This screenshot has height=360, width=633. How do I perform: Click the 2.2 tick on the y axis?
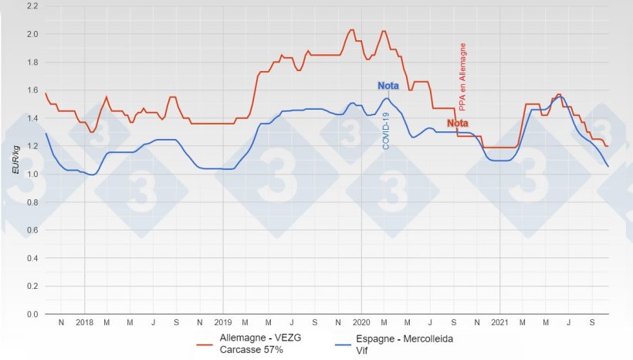coord(33,6)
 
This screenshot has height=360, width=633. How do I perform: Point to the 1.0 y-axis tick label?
coord(33,175)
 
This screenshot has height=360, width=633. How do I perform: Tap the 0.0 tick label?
coord(33,314)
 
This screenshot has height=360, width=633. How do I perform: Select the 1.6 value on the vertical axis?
coord(33,90)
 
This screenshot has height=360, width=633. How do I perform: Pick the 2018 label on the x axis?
coord(84,322)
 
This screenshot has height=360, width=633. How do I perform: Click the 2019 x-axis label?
coord(222,322)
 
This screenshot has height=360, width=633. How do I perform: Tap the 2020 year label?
coord(361,322)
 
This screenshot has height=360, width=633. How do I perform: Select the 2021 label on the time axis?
coord(500,322)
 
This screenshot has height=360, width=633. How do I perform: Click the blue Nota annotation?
coord(388,86)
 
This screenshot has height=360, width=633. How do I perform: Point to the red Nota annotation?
coord(458,124)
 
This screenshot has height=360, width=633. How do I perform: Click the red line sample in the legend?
coord(205,345)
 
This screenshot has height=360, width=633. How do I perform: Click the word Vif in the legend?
coord(363,350)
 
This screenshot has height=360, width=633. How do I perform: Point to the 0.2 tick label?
coord(33,287)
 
